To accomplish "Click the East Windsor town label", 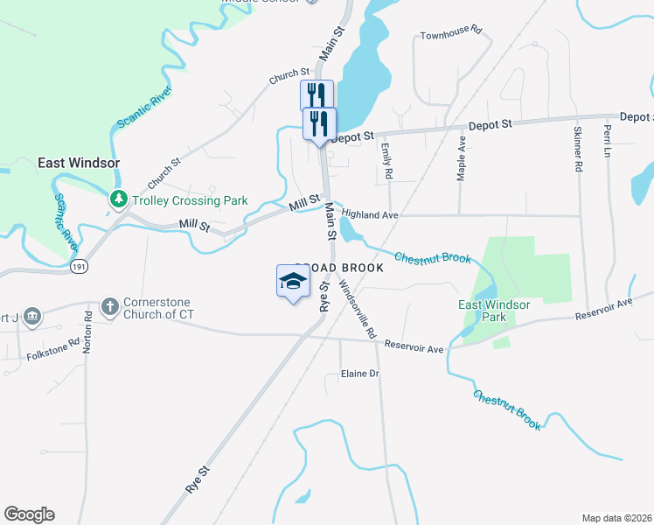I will [x=79, y=163].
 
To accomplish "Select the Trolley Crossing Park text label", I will [x=189, y=200].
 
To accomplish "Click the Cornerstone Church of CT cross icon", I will [x=109, y=306].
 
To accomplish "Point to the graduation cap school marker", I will [x=294, y=281].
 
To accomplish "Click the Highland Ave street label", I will [x=370, y=213].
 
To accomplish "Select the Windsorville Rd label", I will [x=357, y=310].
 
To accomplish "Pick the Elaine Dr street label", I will [x=359, y=374].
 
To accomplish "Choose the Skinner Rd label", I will [x=577, y=147].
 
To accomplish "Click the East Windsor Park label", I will [x=495, y=310].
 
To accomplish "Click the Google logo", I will [x=29, y=514].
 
